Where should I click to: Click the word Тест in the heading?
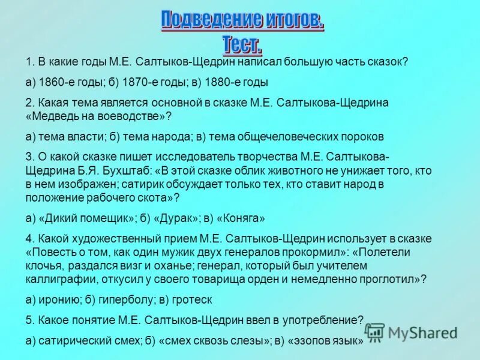242,44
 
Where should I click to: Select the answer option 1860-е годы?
68,82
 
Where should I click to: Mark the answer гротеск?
192,299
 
